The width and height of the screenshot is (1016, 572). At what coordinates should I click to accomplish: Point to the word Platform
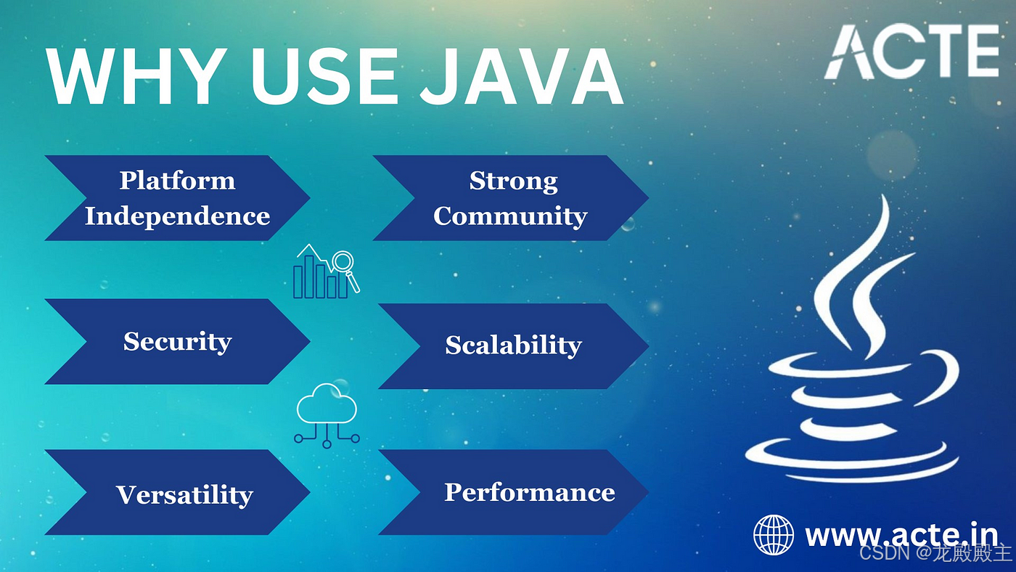click(x=178, y=180)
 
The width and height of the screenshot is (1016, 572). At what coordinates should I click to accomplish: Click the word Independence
click(x=178, y=216)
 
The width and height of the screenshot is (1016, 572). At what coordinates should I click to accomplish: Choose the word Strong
click(x=513, y=180)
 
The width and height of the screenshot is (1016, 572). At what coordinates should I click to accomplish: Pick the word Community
click(x=510, y=216)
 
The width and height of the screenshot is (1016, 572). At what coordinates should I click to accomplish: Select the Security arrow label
click(x=178, y=341)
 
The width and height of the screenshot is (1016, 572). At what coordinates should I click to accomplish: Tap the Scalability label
click(x=513, y=345)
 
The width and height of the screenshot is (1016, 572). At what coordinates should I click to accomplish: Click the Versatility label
click(x=184, y=494)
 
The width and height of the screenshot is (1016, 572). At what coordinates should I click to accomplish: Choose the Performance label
click(x=529, y=492)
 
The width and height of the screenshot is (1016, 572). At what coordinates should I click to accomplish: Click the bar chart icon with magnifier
click(x=326, y=272)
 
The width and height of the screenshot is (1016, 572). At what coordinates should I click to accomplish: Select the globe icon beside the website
click(x=774, y=535)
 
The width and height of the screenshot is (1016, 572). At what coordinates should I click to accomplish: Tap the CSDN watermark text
click(x=935, y=553)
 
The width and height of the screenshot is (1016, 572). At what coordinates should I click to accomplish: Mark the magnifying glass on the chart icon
click(x=343, y=262)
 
